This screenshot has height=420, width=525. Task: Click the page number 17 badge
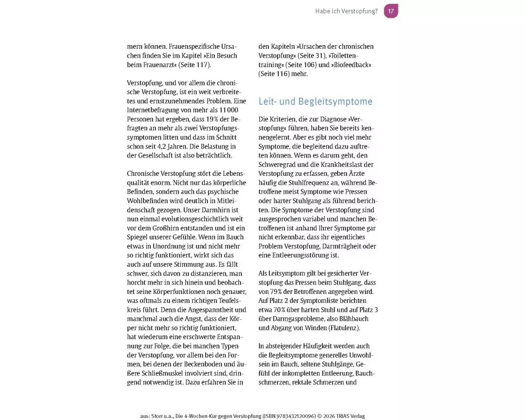391,11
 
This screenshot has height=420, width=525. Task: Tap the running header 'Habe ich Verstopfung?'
346,11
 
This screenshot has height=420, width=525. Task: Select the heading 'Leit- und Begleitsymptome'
316,101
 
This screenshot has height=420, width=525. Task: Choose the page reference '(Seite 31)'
311,56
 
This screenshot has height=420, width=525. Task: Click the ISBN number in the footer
288,416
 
